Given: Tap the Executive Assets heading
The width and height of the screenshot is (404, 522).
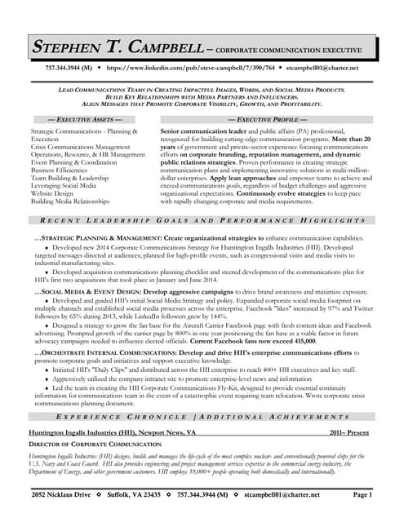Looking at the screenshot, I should [81, 119].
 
